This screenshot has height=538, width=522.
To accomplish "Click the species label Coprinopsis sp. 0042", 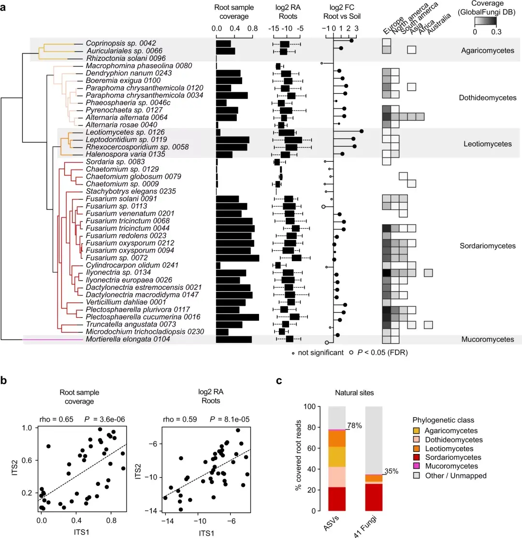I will click(x=114, y=43).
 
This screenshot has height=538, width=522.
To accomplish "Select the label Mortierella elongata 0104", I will click(x=123, y=340).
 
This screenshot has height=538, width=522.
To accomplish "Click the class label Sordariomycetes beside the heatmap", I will click(x=488, y=246).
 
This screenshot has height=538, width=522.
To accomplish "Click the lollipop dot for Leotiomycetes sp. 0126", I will click(x=362, y=131).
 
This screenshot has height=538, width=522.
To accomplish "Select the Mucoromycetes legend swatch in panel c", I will click(x=417, y=467).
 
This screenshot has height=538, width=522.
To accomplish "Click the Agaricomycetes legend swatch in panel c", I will click(x=417, y=430).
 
